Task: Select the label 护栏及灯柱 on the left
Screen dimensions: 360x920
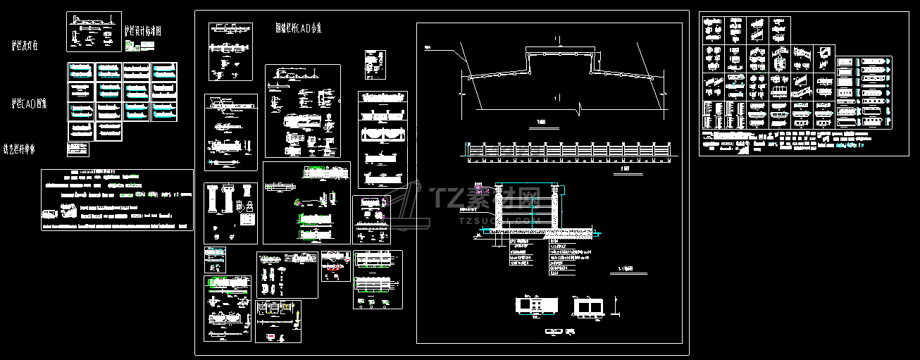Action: click(25, 46)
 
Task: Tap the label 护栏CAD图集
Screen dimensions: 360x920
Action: click(29, 104)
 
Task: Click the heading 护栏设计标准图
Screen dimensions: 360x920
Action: click(143, 32)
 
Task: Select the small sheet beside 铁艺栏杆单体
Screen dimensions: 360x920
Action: click(77, 149)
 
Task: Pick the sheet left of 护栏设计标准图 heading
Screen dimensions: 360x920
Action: click(94, 32)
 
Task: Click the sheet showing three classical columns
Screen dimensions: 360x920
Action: click(230, 213)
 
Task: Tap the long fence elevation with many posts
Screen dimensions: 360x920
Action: click(568, 150)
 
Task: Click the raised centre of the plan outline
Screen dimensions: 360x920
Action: click(560, 52)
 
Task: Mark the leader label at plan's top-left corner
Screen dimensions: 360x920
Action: click(429, 48)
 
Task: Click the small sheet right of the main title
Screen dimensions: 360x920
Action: click(373, 65)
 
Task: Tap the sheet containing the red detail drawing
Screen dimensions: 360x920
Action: click(335, 266)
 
